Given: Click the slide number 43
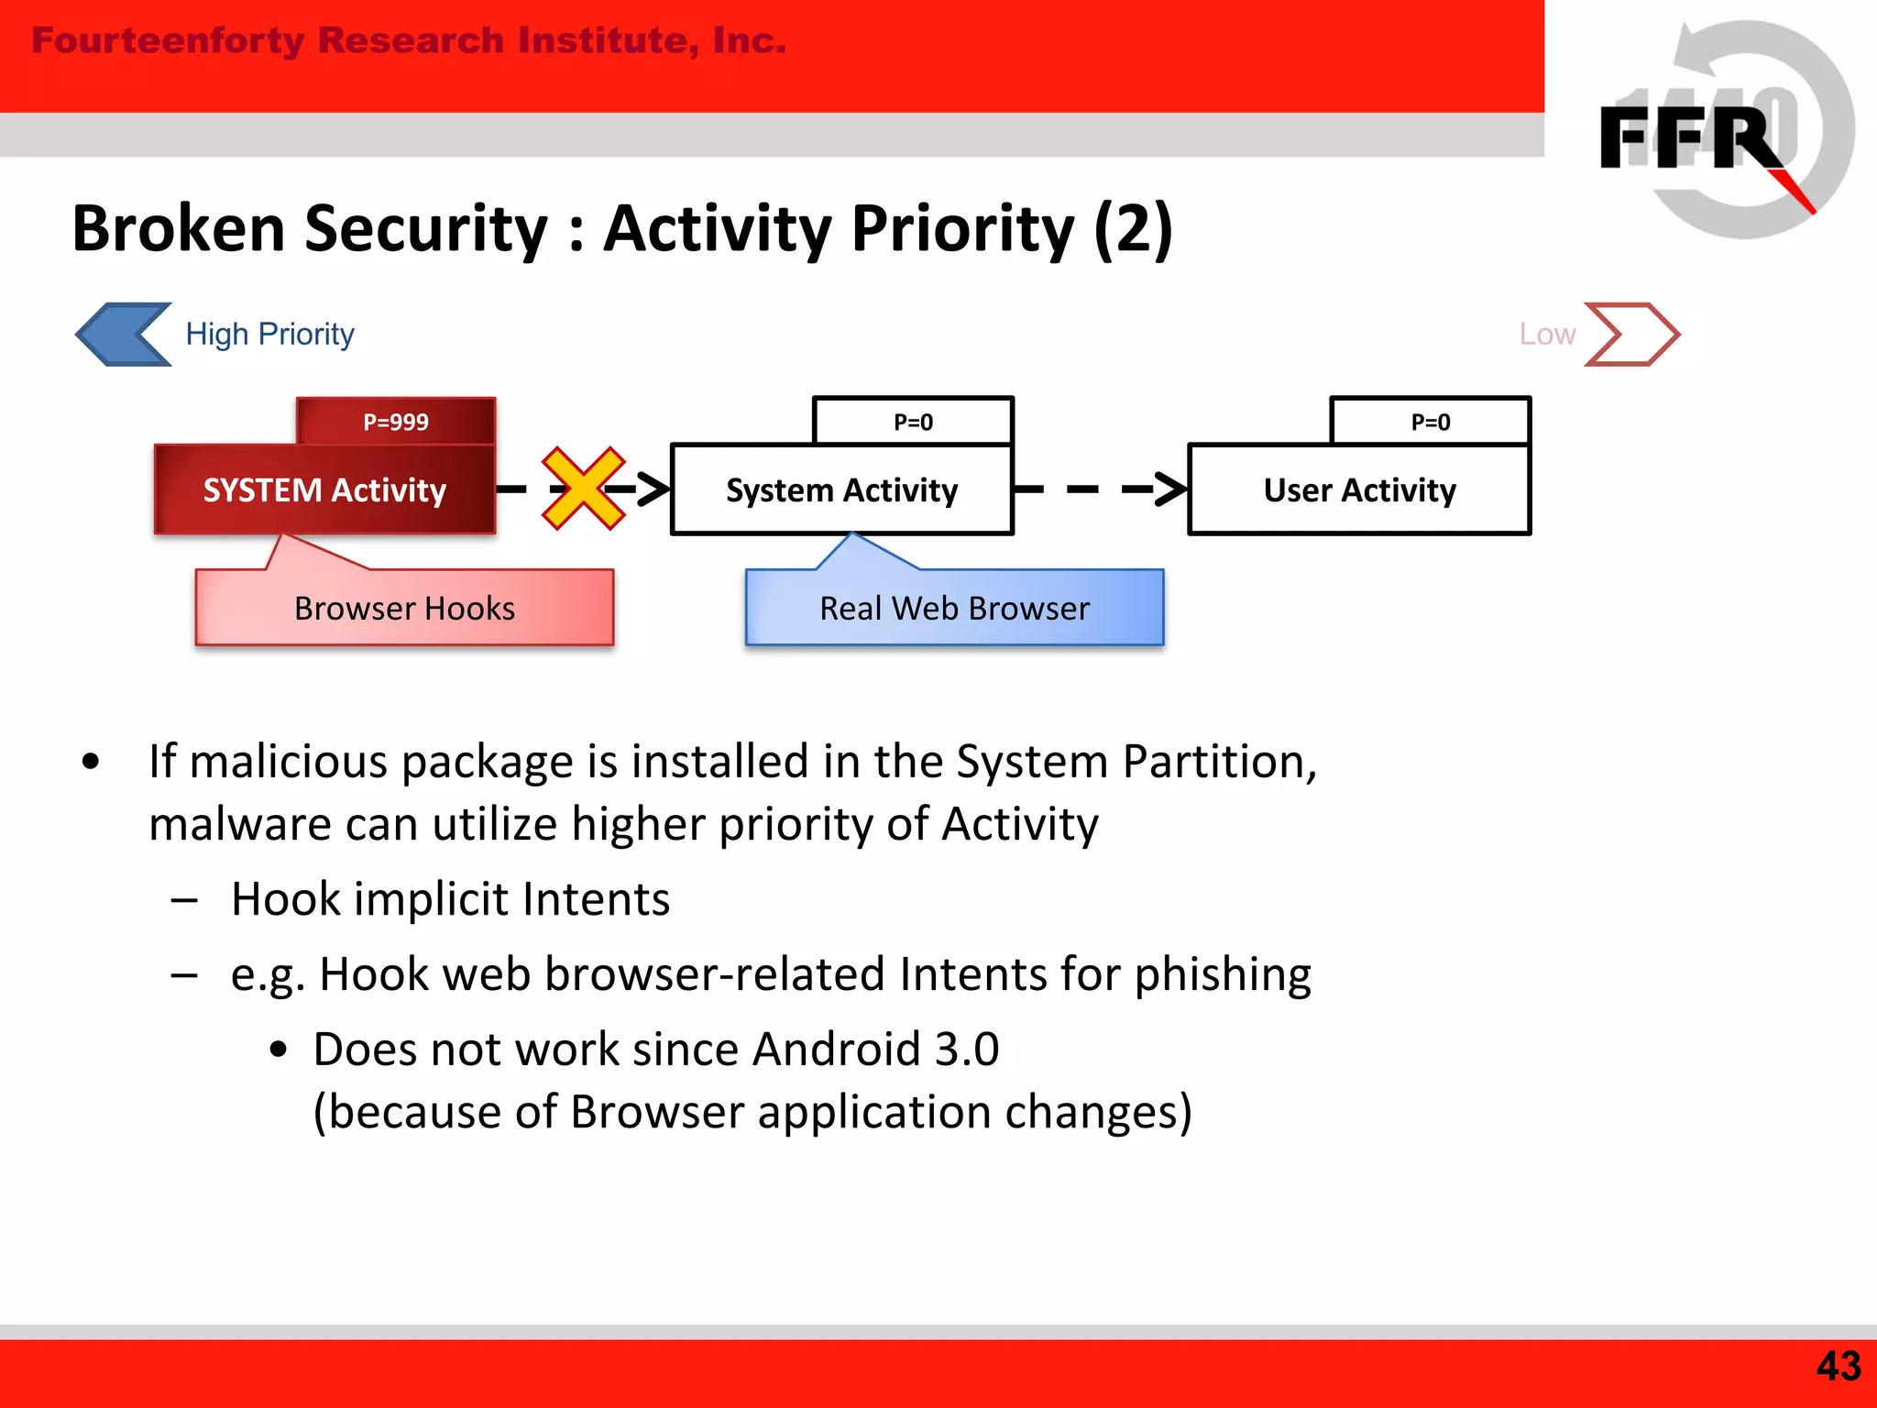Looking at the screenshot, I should (1838, 1366).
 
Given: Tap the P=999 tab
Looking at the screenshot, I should (396, 422).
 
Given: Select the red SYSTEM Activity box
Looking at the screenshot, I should (324, 490).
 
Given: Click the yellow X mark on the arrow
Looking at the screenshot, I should (583, 489).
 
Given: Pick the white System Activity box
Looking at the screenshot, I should (841, 490).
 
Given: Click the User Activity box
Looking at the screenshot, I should (1359, 490).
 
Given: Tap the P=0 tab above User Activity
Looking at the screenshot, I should (1430, 422).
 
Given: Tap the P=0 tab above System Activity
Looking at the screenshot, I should (913, 422).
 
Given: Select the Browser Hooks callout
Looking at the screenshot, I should (404, 608).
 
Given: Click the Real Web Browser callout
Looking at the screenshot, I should (954, 608).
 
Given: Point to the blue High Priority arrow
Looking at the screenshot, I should (124, 335).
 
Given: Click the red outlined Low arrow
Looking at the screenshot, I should (1631, 335).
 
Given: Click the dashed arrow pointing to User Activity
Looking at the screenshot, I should (1100, 489).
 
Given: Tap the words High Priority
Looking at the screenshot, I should (269, 335).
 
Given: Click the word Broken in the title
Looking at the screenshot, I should (179, 229).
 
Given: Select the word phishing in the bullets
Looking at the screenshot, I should (1223, 974).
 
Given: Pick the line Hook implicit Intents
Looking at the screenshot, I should (450, 899).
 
